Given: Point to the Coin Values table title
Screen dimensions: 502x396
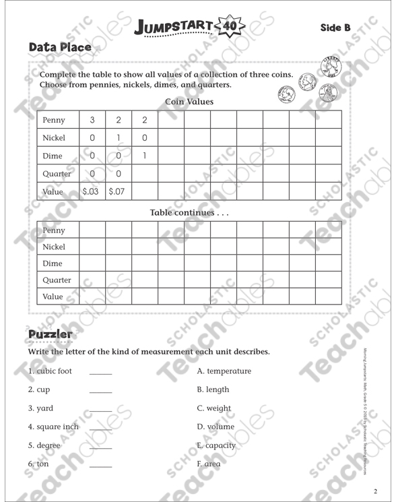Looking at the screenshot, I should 189,102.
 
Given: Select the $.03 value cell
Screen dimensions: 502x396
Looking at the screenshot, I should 90,191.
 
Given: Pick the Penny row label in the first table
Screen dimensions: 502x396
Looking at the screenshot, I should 54,120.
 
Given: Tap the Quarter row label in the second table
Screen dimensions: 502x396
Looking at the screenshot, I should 57,280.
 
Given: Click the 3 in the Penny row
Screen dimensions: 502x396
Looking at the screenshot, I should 92,120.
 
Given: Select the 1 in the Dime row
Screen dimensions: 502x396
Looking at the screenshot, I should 145,156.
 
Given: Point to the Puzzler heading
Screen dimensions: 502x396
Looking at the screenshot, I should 50,335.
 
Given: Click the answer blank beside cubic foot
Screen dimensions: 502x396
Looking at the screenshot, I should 101,373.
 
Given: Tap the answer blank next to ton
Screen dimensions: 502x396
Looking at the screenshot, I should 101,466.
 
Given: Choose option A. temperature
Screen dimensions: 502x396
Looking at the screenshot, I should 224,371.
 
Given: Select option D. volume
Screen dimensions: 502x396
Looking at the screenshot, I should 216,427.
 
